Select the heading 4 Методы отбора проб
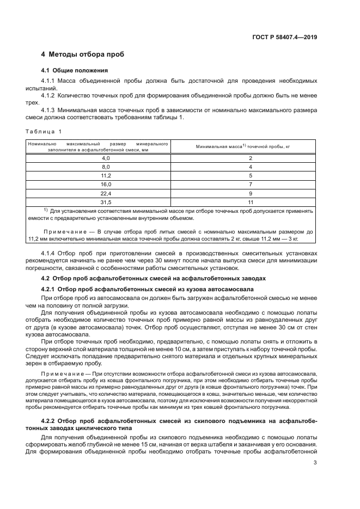click(83, 55)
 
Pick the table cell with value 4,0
click(105, 158)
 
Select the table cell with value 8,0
click(105, 167)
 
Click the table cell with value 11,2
click(105, 176)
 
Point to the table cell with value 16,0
click(105, 185)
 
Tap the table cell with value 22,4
click(105, 194)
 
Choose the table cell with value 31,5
click(105, 203)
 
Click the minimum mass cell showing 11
click(250, 203)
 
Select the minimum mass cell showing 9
click(250, 194)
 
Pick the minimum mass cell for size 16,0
click(250, 185)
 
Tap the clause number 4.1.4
click(50, 254)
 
